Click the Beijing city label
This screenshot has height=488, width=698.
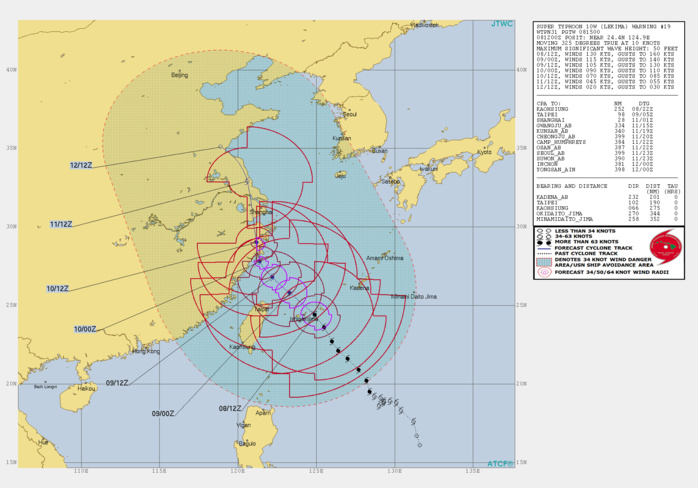pos(179,75)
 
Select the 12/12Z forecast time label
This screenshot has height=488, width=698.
pos(82,165)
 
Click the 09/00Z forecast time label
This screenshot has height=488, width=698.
pos(162,413)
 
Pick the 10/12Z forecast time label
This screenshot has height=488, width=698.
pos(58,288)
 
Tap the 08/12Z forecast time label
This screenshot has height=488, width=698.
pos(230,408)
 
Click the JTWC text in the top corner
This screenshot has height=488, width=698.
pos(502,23)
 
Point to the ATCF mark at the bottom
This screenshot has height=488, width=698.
pos(500,463)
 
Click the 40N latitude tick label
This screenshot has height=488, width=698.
pos(11,70)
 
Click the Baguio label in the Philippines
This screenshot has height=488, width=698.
pos(246,443)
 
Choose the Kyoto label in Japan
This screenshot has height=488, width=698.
pos(484,153)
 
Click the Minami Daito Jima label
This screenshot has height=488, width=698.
pos(413,296)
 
